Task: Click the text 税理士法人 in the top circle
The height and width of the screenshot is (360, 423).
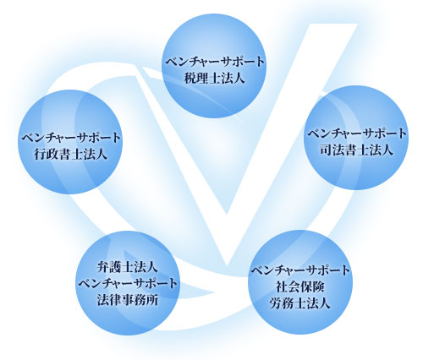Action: click(214, 78)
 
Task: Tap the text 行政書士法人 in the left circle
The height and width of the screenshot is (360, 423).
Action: click(71, 155)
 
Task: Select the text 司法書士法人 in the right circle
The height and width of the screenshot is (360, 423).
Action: click(357, 150)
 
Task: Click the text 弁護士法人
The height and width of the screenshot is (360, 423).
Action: click(128, 267)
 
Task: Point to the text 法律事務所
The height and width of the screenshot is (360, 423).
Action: click(128, 300)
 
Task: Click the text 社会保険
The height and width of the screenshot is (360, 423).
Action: click(300, 287)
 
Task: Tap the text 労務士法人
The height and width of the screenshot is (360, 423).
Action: click(300, 303)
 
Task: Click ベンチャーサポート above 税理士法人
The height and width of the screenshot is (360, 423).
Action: click(215, 62)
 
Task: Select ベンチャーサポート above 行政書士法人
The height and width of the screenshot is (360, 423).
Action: click(71, 138)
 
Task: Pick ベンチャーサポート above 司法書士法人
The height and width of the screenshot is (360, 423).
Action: click(357, 134)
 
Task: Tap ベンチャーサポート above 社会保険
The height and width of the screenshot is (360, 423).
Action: click(300, 270)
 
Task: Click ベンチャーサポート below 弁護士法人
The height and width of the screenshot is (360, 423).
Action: click(128, 284)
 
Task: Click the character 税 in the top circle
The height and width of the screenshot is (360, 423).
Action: click(190, 78)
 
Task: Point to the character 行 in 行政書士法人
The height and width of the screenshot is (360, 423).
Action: click(41, 155)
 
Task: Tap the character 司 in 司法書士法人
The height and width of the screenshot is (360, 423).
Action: click(326, 150)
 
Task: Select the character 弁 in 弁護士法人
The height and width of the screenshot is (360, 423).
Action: click(103, 267)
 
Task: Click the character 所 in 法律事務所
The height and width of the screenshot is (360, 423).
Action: click(152, 300)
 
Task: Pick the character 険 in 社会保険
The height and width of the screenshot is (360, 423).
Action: click(319, 287)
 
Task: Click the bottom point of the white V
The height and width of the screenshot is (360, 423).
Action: click(227, 265)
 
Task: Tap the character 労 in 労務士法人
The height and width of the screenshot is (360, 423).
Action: click(276, 303)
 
